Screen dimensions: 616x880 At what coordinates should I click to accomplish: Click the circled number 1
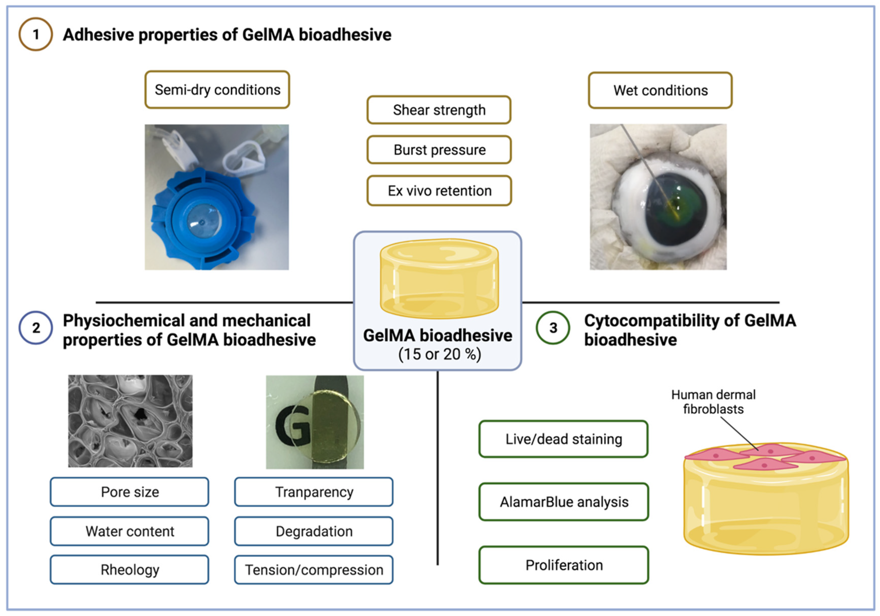pyautogui.click(x=36, y=34)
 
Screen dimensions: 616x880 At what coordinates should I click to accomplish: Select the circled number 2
pyautogui.click(x=36, y=328)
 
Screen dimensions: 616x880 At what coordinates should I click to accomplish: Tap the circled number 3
pyautogui.click(x=553, y=328)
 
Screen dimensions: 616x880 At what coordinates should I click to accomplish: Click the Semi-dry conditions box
pyautogui.click(x=217, y=90)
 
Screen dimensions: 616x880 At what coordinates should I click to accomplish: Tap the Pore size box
pyautogui.click(x=129, y=492)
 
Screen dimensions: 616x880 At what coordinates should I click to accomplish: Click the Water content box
pyautogui.click(x=129, y=531)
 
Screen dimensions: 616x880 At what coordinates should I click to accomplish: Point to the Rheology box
pyautogui.click(x=129, y=570)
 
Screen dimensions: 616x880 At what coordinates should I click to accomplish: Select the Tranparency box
pyautogui.click(x=314, y=492)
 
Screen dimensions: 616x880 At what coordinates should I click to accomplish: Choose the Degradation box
pyautogui.click(x=314, y=531)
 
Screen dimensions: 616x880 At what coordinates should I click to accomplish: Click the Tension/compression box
pyautogui.click(x=314, y=570)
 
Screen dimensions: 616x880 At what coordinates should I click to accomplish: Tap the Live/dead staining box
pyautogui.click(x=563, y=439)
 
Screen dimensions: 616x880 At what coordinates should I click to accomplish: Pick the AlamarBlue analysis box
pyautogui.click(x=563, y=502)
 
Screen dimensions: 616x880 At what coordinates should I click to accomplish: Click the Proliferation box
pyautogui.click(x=563, y=565)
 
